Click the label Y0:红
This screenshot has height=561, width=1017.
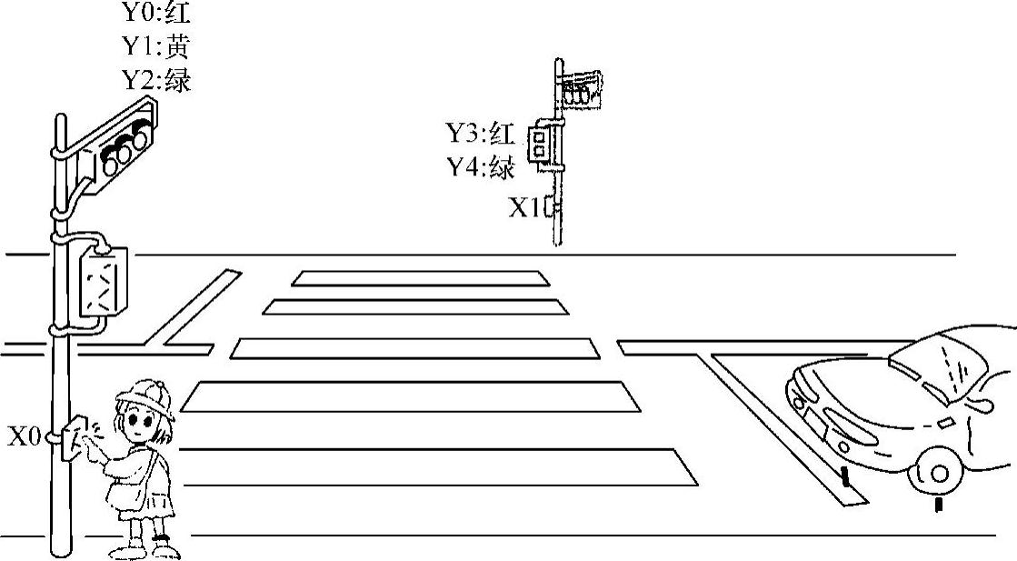pyautogui.click(x=156, y=13)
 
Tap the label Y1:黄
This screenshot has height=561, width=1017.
pyautogui.click(x=156, y=45)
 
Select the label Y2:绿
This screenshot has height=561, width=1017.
pyautogui.click(x=156, y=80)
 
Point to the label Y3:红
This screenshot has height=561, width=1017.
pyautogui.click(x=479, y=133)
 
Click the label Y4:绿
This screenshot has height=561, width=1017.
pyautogui.click(x=479, y=167)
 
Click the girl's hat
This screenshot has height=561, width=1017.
pyautogui.click(x=145, y=396)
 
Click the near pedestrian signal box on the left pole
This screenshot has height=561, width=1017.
pyautogui.click(x=103, y=282)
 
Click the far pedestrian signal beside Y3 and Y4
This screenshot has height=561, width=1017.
pyautogui.click(x=541, y=145)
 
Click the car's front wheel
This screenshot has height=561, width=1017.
pyautogui.click(x=936, y=471)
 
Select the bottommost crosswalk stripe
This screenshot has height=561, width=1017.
pyautogui.click(x=436, y=466)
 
